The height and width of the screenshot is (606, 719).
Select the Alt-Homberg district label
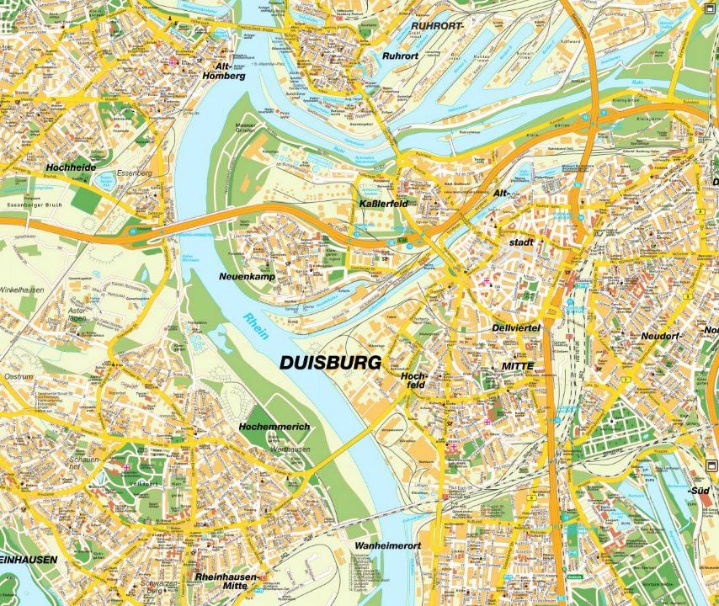pos(224,71)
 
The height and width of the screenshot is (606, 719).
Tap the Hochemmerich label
pos(274,427)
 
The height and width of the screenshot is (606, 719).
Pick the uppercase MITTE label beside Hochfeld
pos(518,366)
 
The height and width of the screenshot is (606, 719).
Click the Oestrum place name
pos(19,376)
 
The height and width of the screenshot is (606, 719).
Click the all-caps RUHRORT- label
pos(436,26)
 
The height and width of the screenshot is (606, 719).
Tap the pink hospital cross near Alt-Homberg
pos(173,61)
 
